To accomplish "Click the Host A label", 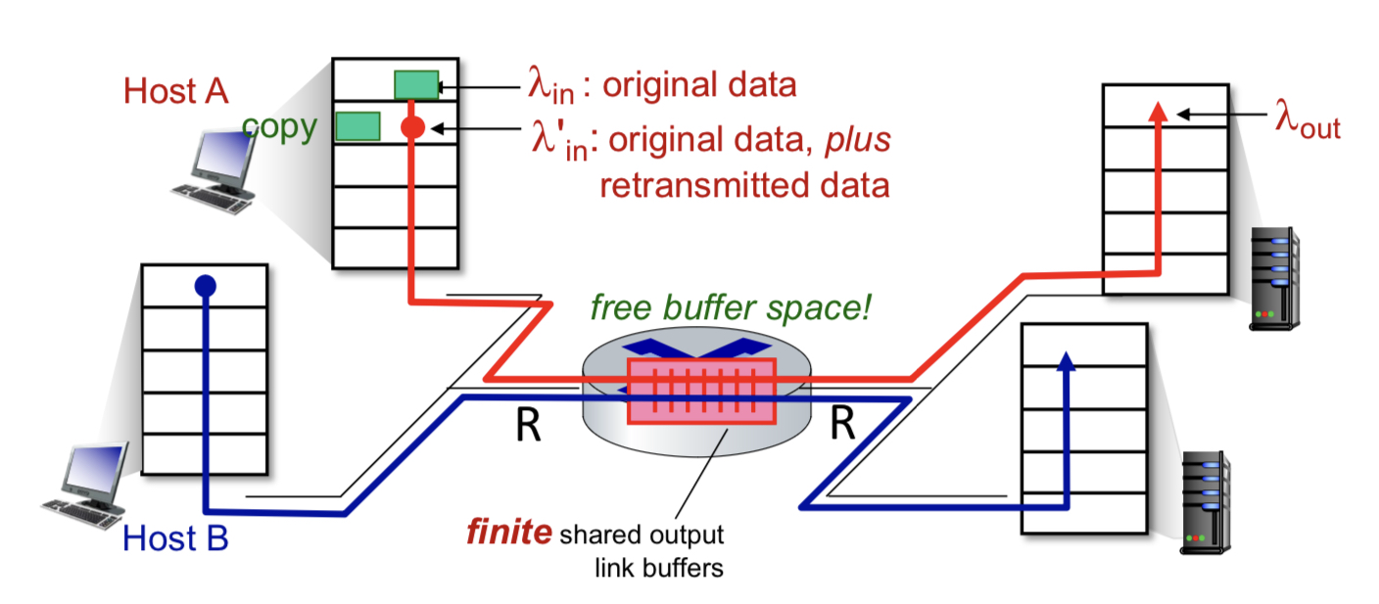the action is [x=176, y=91].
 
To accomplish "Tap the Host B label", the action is [x=175, y=538].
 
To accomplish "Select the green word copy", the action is [x=279, y=128].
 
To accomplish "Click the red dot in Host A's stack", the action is [x=412, y=126].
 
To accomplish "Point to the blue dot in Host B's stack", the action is [x=206, y=286].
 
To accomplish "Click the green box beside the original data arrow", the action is [x=417, y=85].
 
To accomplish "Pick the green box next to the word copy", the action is [x=357, y=126].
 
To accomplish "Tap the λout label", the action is [x=1308, y=120].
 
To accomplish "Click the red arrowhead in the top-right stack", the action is [x=1158, y=112].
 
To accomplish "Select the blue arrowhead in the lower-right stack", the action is [x=1066, y=361].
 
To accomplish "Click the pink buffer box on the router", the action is [x=701, y=392].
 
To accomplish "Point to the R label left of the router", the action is [x=528, y=424].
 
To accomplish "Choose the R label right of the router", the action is [x=843, y=423].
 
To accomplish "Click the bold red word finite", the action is [x=509, y=532].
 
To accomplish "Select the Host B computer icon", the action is [x=85, y=486].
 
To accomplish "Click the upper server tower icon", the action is [x=1274, y=279].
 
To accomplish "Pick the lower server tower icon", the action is [x=1206, y=502].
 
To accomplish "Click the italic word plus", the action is [x=858, y=140].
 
